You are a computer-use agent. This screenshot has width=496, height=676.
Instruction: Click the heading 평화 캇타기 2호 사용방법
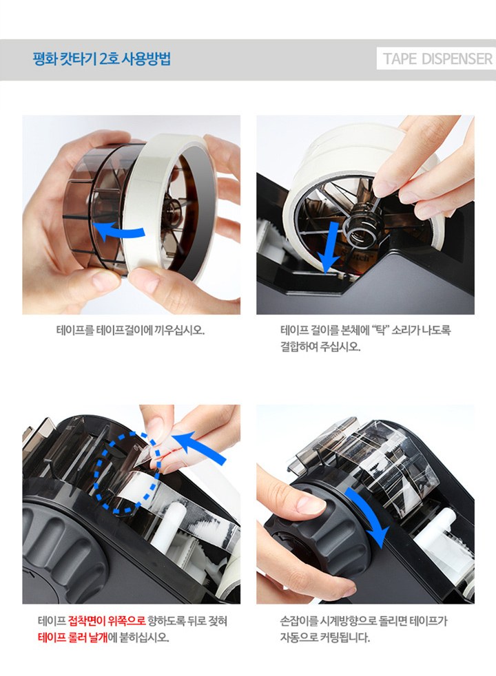(x=102, y=59)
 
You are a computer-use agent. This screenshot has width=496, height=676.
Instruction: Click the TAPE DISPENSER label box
(x=436, y=59)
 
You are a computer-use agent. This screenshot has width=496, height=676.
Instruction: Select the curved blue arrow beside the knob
(x=370, y=514)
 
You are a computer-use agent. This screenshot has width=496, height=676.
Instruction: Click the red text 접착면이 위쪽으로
(x=107, y=621)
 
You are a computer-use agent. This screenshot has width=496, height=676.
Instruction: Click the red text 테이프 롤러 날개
(x=72, y=637)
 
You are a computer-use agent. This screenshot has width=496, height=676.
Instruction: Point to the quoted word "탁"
(x=380, y=330)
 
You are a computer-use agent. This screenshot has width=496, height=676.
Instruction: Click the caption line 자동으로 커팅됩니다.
(x=324, y=637)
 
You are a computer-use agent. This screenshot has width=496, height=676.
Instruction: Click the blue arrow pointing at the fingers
(x=202, y=450)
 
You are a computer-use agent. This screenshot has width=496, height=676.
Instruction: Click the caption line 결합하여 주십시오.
(x=320, y=347)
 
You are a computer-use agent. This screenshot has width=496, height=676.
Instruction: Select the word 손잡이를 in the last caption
(x=298, y=621)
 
